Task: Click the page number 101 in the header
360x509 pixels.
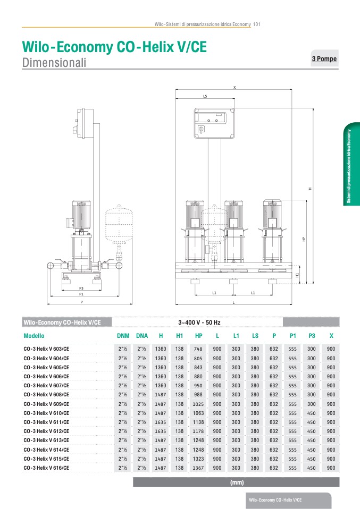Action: click(256, 24)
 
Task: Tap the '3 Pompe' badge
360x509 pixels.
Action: click(324, 59)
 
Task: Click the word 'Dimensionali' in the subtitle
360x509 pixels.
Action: click(54, 63)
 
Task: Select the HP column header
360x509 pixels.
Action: click(199, 336)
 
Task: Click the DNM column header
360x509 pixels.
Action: click(123, 336)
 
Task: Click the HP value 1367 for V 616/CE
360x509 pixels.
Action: click(199, 468)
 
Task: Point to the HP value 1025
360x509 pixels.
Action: click(199, 404)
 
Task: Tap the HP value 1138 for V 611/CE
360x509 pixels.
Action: click(199, 422)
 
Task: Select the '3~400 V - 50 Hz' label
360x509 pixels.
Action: click(199, 323)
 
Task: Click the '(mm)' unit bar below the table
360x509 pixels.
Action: click(236, 482)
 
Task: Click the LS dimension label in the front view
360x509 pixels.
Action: click(205, 97)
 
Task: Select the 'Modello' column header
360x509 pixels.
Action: click(34, 336)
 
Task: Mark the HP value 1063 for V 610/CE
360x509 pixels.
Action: click(199, 413)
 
